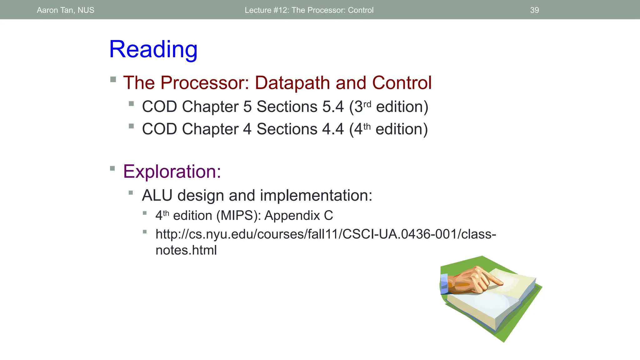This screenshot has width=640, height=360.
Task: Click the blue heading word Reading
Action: [153, 49]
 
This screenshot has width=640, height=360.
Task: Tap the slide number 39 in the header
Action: [534, 10]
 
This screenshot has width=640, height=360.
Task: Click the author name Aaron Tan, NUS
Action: [65, 10]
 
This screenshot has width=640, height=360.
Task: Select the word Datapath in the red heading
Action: [292, 83]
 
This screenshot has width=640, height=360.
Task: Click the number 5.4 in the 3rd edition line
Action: [333, 107]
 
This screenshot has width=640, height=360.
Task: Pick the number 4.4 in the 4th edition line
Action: [333, 129]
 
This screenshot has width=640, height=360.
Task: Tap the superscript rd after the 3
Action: [367, 104]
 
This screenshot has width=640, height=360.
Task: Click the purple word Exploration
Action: [172, 172]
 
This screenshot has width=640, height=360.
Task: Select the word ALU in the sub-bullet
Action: [157, 196]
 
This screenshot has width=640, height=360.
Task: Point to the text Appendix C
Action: [299, 216]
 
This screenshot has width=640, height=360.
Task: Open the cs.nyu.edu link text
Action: [325, 234]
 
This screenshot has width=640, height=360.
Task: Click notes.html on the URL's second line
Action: [186, 250]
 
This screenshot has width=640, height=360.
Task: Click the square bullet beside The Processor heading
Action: [113, 79]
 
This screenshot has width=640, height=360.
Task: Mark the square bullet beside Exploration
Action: [112, 169]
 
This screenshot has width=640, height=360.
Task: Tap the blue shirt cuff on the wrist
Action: [444, 284]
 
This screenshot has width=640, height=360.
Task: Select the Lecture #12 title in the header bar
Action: [309, 10]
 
